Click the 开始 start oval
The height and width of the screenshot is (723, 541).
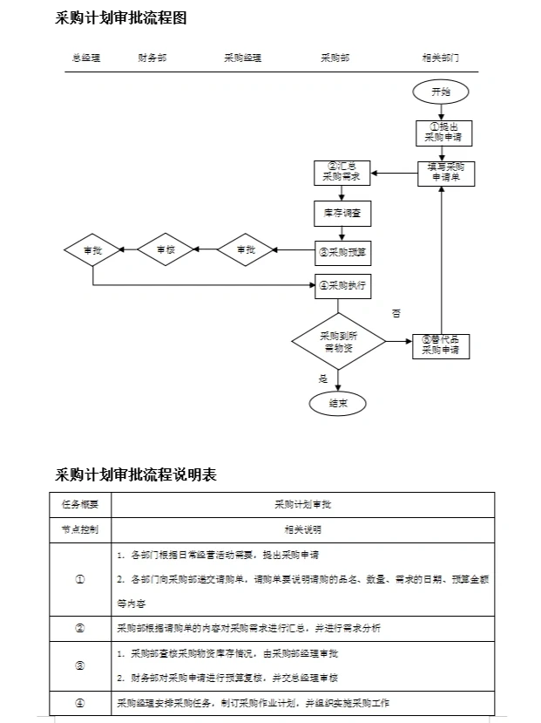coord(442,92)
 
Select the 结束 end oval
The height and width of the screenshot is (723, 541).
coord(338,403)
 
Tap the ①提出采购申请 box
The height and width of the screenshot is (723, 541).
coord(443,132)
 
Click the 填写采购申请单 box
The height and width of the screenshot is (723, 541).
coord(443,172)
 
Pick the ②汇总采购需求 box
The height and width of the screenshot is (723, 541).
coord(342,172)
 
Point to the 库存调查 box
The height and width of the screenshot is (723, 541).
coord(342,213)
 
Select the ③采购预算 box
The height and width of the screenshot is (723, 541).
coord(342,252)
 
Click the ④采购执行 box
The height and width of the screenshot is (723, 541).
coord(342,285)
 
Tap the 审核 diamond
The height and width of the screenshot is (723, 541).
coord(166,250)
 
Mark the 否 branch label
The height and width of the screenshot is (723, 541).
coord(396,312)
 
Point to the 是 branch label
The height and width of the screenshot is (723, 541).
coord(323,379)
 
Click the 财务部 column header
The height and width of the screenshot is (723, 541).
coord(152,58)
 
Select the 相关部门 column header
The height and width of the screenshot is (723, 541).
coord(440,58)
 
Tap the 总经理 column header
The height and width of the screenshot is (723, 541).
coord(85,58)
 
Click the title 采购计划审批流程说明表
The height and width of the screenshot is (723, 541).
coord(136,474)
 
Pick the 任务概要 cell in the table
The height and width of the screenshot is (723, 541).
coord(80,504)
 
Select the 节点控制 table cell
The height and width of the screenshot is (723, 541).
coord(80,529)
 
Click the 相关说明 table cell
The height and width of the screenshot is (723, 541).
coord(302,529)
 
